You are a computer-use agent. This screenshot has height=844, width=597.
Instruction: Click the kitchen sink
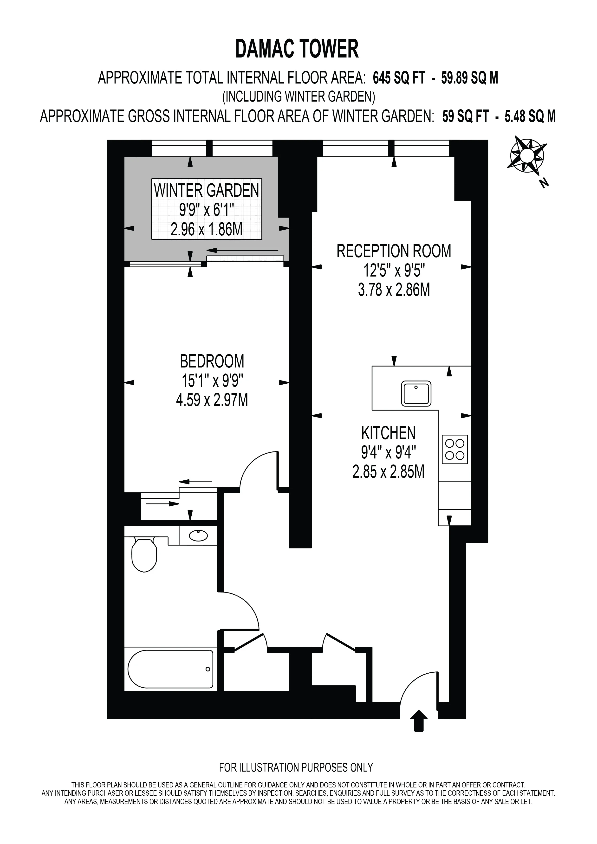[416, 394]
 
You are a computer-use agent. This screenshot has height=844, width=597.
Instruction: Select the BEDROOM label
[212, 361]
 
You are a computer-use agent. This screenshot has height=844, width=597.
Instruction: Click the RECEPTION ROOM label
[394, 251]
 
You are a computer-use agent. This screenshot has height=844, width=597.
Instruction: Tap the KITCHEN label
[388, 433]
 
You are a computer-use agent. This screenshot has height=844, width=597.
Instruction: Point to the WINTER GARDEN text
[207, 190]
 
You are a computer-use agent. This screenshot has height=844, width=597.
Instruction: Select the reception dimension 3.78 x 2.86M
[394, 290]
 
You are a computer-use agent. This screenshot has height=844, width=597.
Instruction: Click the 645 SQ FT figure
[399, 78]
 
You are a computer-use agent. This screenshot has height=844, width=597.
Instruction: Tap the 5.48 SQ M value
[530, 116]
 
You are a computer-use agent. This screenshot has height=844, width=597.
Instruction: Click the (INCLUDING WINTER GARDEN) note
[298, 97]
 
